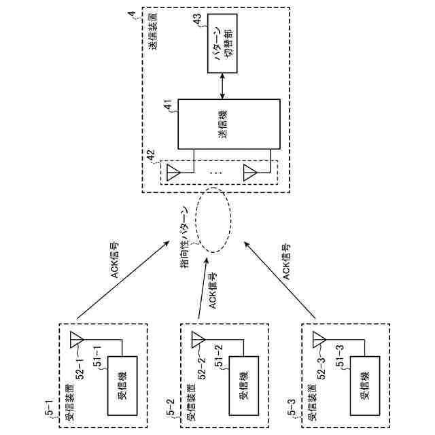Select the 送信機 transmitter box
tap(228, 124)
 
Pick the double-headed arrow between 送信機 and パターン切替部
tap(223, 85)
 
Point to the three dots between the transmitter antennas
tap(219, 173)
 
